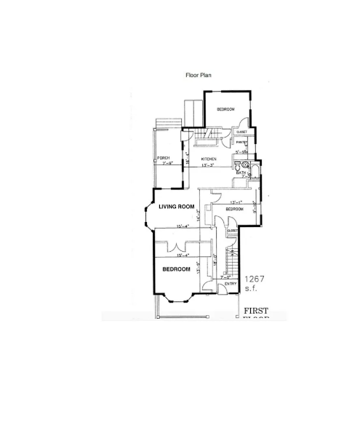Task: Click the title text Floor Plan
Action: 199,74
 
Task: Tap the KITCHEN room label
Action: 209,159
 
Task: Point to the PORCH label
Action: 164,158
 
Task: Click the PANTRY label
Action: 239,143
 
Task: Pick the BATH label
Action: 241,173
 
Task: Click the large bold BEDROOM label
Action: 176,269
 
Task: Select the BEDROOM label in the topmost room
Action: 225,109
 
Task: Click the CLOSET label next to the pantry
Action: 241,132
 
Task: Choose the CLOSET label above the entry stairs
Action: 232,231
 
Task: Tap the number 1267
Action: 255,279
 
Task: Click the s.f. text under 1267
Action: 252,289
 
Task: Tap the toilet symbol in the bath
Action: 246,167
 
